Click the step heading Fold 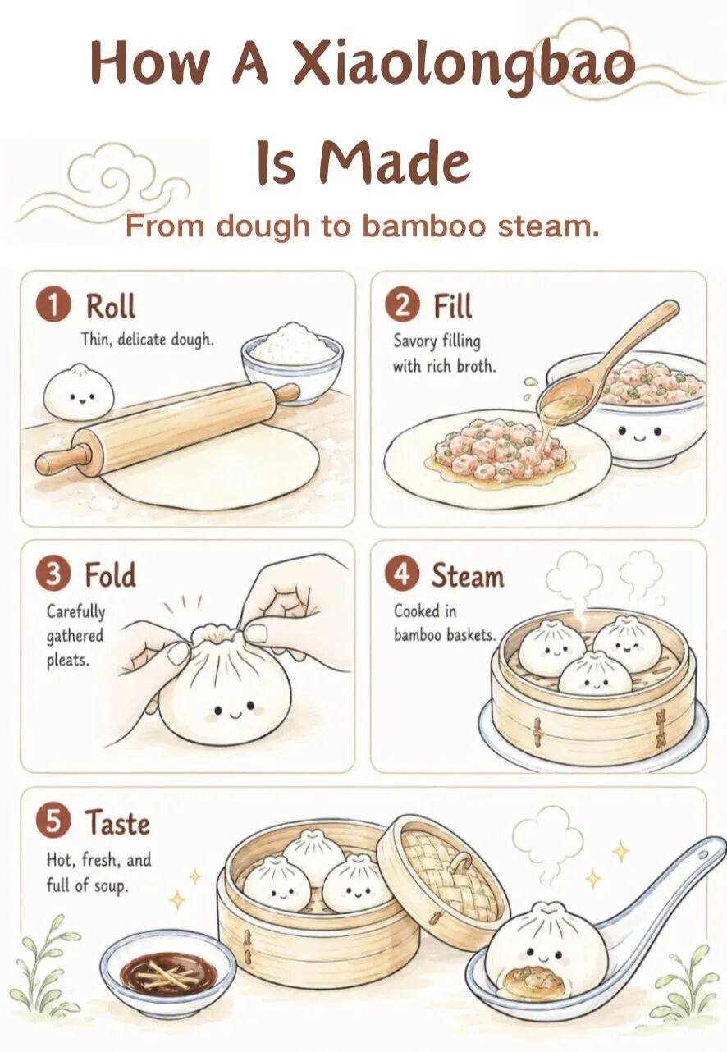coord(110,574)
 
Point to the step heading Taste coord(117,822)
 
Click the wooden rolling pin coord(167,428)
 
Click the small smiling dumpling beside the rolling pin coord(79,391)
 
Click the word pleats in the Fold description coord(67,661)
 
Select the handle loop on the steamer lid coord(461,866)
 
